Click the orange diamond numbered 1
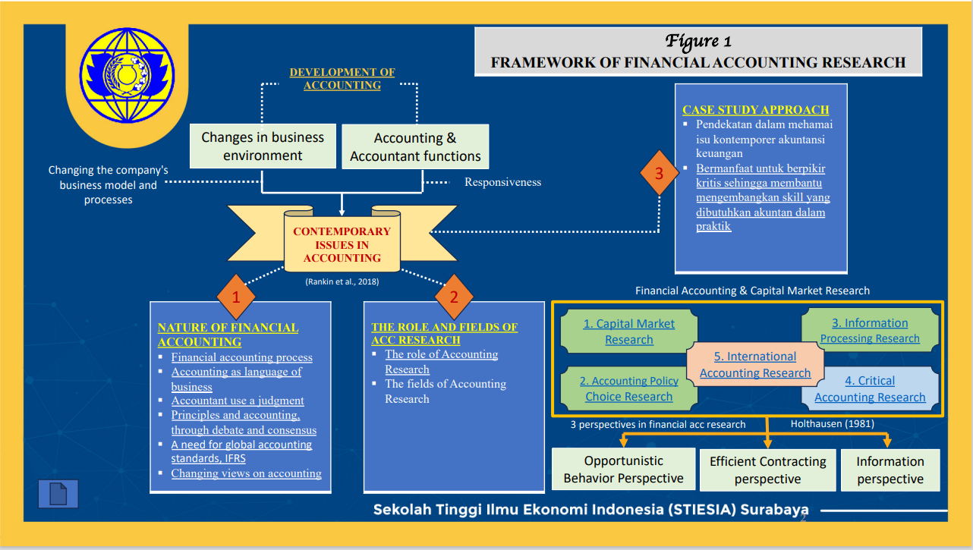click(235, 297)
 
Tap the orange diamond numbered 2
click(454, 297)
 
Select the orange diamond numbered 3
click(659, 173)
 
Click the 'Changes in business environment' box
click(263, 146)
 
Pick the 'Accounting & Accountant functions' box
click(415, 147)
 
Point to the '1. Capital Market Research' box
click(628, 332)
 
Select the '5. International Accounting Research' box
click(755, 365)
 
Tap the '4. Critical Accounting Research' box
click(870, 388)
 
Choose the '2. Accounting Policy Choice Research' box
click(628, 388)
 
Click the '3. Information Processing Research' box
click(870, 331)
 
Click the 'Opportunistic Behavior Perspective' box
click(623, 470)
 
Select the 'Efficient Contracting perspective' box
click(767, 470)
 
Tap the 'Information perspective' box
click(890, 470)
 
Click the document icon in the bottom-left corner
click(58, 494)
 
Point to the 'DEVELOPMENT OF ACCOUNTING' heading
click(342, 79)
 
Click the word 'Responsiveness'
click(502, 182)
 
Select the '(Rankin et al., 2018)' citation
click(342, 281)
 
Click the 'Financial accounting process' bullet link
click(241, 357)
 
